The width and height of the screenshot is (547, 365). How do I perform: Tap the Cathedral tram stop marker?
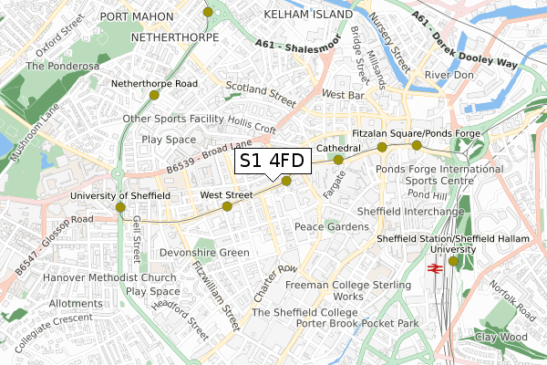(x=338, y=160)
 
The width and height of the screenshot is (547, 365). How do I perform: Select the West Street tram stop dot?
(x=227, y=206)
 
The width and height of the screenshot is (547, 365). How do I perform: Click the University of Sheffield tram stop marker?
(x=120, y=207)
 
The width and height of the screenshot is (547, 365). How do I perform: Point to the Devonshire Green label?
(x=204, y=252)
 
